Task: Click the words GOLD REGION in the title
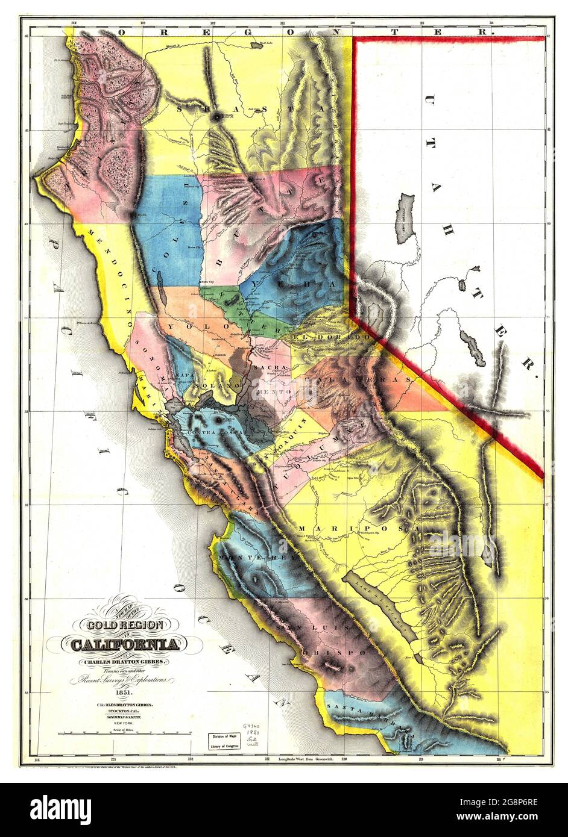click(125, 626)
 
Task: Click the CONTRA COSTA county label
click(215, 432)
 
